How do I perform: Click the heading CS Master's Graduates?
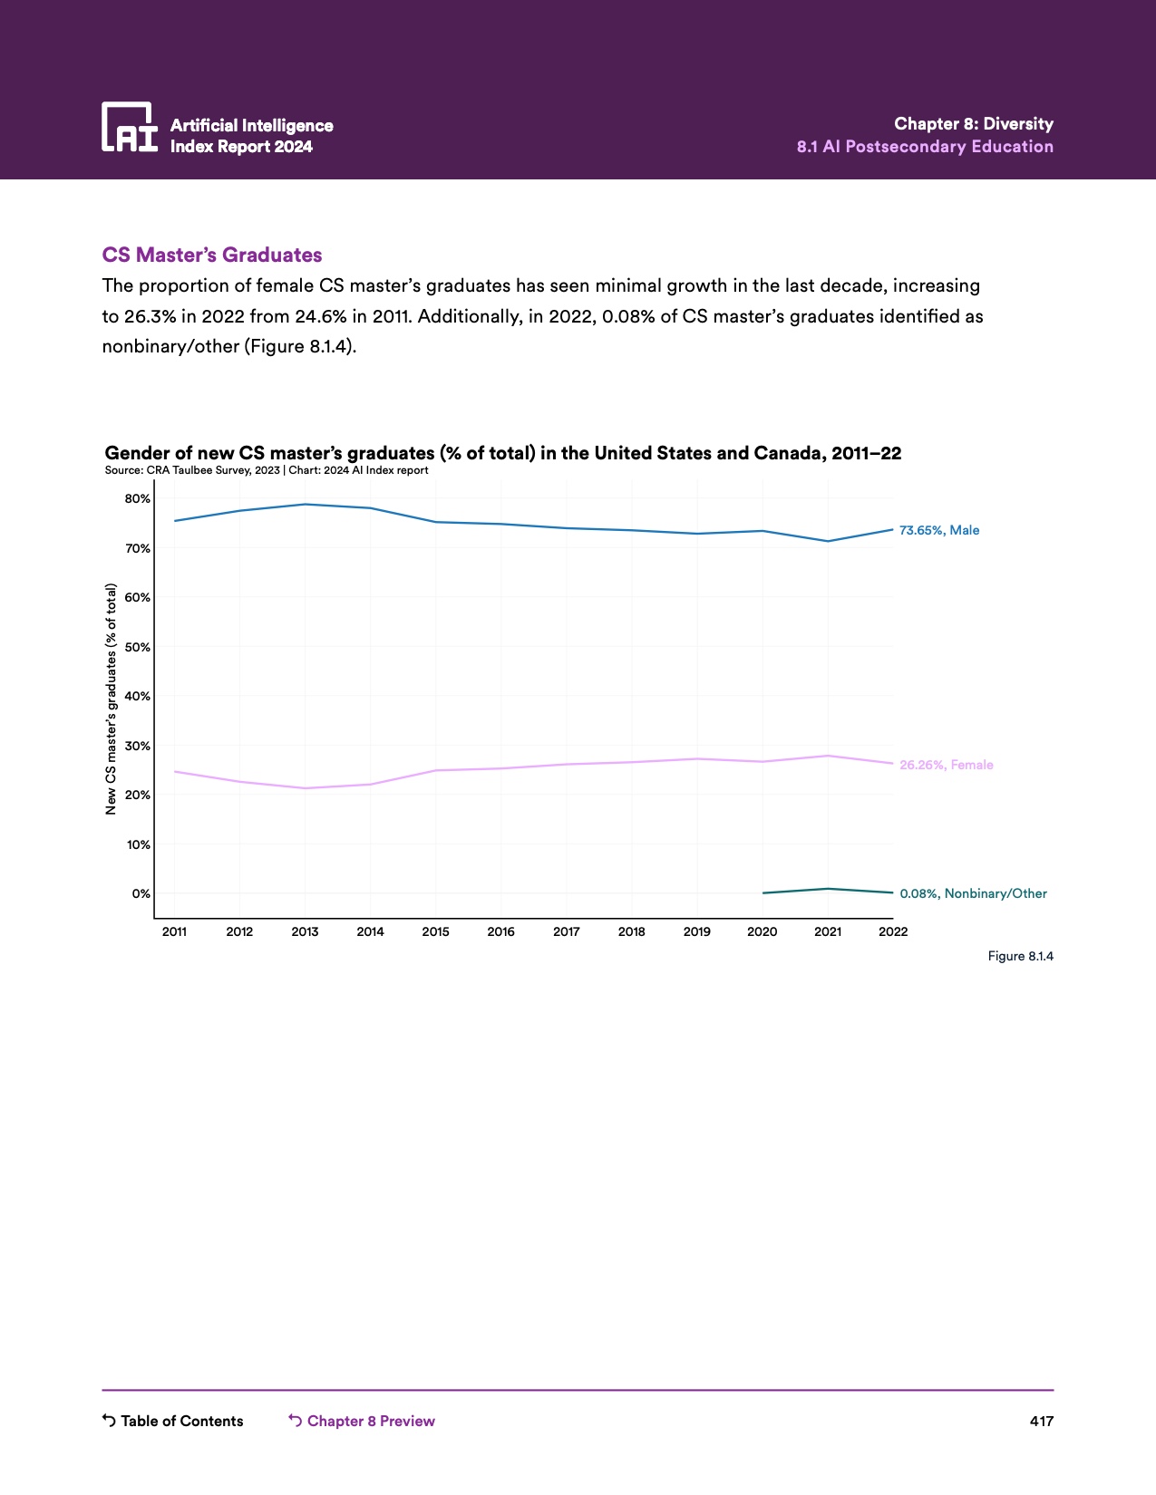point(212,255)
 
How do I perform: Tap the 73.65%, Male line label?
point(938,530)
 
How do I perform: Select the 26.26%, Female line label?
point(946,765)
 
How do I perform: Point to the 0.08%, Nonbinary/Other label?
point(973,893)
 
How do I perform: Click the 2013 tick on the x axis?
point(305,931)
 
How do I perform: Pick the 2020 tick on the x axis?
point(762,931)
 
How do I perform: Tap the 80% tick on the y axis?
point(138,499)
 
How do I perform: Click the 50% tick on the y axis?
point(138,647)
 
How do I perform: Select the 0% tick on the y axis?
point(141,893)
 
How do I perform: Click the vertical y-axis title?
point(112,699)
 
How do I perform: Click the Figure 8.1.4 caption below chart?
point(1020,956)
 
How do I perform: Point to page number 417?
point(1041,1421)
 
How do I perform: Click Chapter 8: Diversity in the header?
point(973,124)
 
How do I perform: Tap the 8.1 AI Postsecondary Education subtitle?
point(925,147)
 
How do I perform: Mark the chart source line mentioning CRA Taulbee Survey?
point(267,470)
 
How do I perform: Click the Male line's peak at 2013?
point(305,504)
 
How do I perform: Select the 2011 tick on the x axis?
point(174,931)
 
